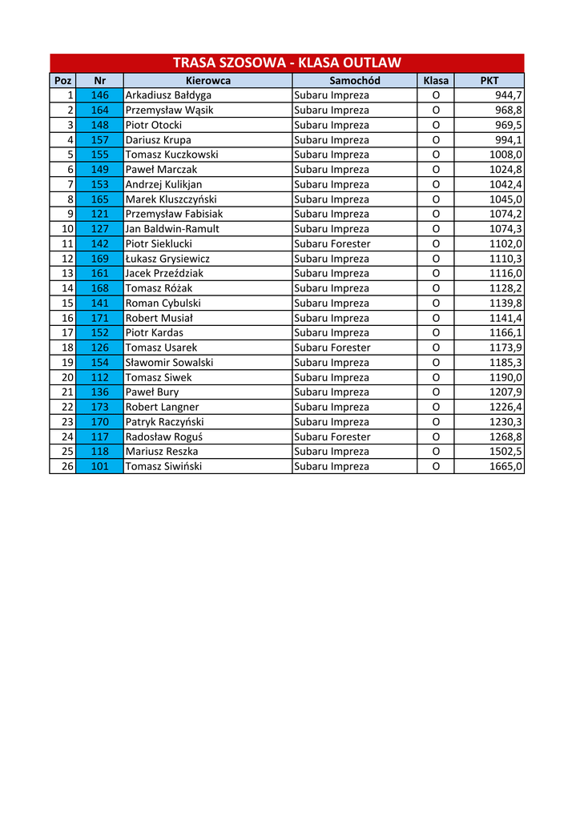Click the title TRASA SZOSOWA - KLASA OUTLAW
(287, 63)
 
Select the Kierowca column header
(207, 80)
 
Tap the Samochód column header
(354, 80)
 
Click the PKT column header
(489, 80)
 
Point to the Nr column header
(99, 80)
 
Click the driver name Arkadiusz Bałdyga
(169, 95)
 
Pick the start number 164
(99, 110)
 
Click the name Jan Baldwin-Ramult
(172, 229)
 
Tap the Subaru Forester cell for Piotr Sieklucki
(332, 243)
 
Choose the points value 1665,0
(505, 466)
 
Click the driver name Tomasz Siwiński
(164, 466)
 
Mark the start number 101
(99, 466)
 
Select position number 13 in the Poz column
(67, 273)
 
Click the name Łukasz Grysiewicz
(167, 259)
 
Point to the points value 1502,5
(505, 452)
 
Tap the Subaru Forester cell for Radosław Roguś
(332, 436)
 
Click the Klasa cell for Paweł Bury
(436, 392)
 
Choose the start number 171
(99, 318)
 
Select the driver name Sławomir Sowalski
(169, 362)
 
